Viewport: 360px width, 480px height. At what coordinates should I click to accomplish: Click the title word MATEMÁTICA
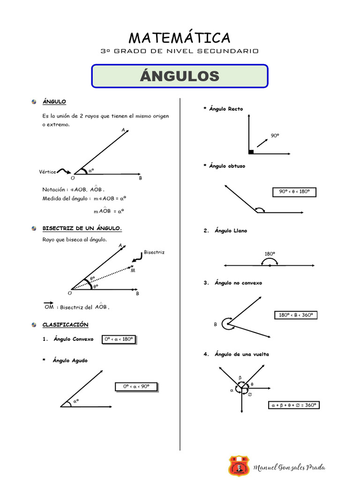pyautogui.click(x=180, y=37)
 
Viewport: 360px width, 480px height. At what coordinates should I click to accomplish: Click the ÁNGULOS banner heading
pyautogui.click(x=180, y=76)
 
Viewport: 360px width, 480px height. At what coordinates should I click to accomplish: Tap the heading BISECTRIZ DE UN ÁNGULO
pyautogui.click(x=82, y=228)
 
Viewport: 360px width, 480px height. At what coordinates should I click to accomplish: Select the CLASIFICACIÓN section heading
pyautogui.click(x=65, y=324)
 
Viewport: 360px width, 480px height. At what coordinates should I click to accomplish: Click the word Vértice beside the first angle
pyautogui.click(x=47, y=172)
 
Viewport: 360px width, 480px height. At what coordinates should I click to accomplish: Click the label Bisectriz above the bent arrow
pyautogui.click(x=154, y=252)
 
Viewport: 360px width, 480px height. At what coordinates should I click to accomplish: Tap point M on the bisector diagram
pyautogui.click(x=133, y=270)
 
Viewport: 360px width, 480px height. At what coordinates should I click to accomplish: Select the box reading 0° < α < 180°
pyautogui.click(x=119, y=339)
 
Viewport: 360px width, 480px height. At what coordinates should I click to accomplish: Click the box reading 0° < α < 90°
pyautogui.click(x=136, y=387)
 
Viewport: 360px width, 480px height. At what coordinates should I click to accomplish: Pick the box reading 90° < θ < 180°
pyautogui.click(x=294, y=192)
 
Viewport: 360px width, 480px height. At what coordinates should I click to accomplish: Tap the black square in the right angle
pyautogui.click(x=251, y=151)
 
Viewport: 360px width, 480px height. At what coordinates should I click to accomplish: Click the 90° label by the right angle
pyautogui.click(x=275, y=135)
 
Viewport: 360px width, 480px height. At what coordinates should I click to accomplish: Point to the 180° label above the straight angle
pyautogui.click(x=270, y=254)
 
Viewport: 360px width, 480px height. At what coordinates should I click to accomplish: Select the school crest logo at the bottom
pyautogui.click(x=239, y=466)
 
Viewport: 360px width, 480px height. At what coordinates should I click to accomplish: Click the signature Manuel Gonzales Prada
pyautogui.click(x=289, y=467)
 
